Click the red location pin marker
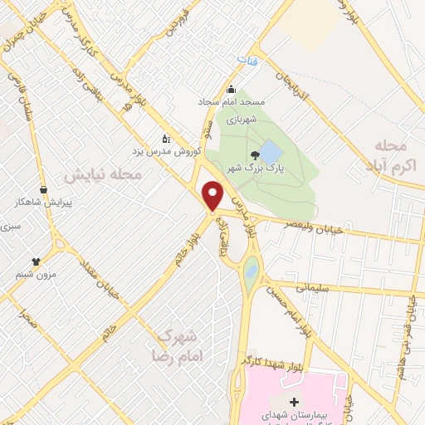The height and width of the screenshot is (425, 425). pos(213,194)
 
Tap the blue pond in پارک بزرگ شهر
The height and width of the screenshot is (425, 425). pos(271,153)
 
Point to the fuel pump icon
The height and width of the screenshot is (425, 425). pos(164,139)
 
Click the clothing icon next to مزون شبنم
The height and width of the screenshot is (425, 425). pos(37,261)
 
